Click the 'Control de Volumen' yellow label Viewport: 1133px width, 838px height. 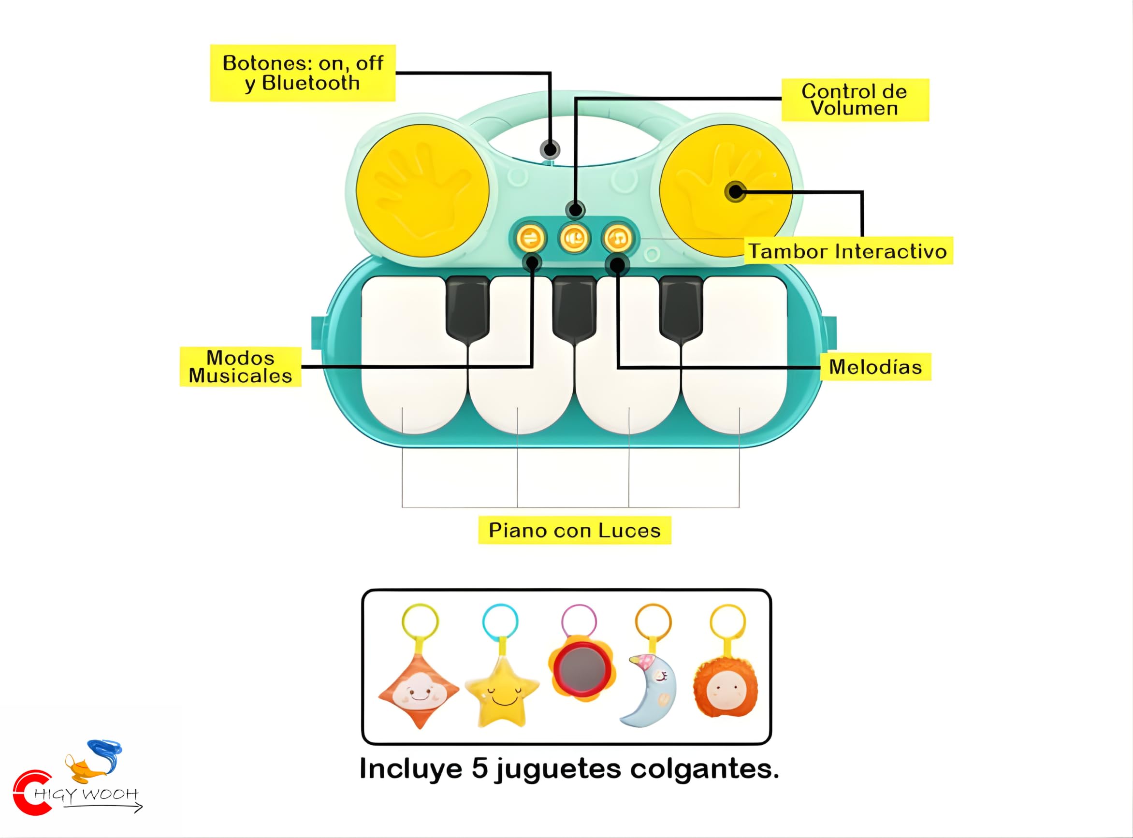click(x=855, y=100)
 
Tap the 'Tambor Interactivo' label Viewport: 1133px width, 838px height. click(x=848, y=251)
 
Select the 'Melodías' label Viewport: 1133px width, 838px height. click(x=875, y=367)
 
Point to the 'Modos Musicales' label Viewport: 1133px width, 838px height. click(x=241, y=367)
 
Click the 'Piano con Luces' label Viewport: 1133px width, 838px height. click(x=574, y=531)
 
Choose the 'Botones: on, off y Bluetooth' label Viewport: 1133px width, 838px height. click(x=303, y=73)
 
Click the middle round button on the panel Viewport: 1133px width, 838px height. click(x=574, y=238)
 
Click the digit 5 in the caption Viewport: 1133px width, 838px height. click(x=479, y=768)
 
